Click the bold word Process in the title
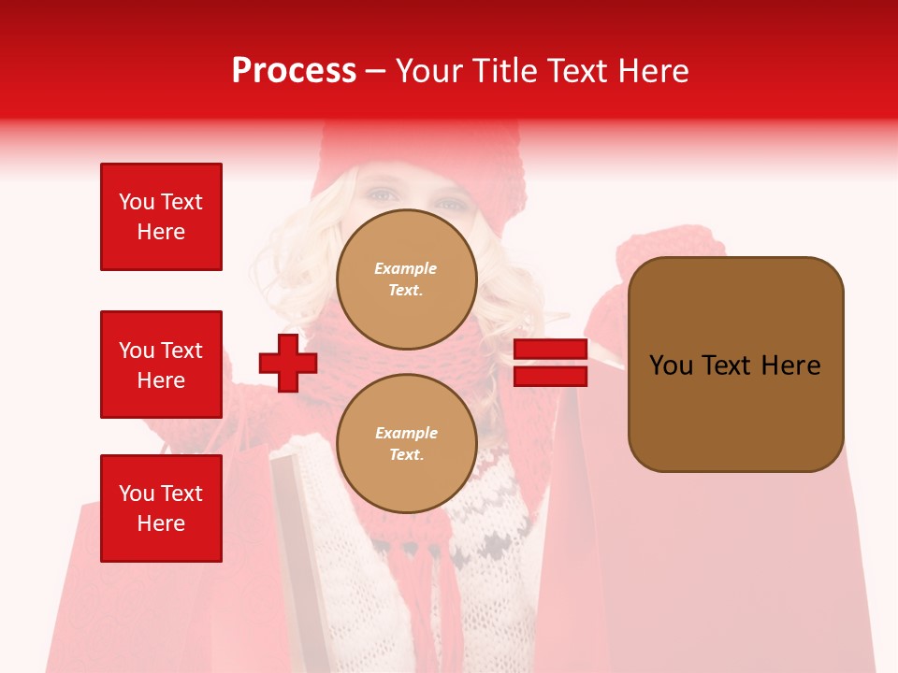pos(294,71)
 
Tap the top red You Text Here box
pos(161,217)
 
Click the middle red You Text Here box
pos(161,365)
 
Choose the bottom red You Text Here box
pos(161,508)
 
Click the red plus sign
pos(288,363)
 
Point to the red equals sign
pos(551,364)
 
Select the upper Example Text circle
pos(406,279)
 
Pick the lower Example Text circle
pos(406,443)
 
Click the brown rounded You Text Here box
pos(735,364)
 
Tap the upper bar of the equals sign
pos(551,350)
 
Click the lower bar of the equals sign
pos(551,377)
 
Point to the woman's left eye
pos(380,194)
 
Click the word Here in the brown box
pos(790,365)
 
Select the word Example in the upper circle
pos(406,268)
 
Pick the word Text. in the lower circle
pos(406,454)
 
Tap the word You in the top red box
pos(137,202)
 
